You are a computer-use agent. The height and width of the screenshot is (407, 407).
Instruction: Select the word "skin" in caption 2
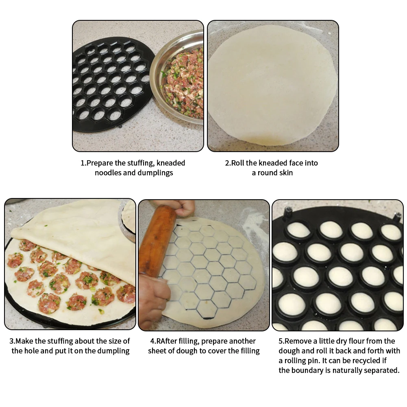[x=285, y=173]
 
